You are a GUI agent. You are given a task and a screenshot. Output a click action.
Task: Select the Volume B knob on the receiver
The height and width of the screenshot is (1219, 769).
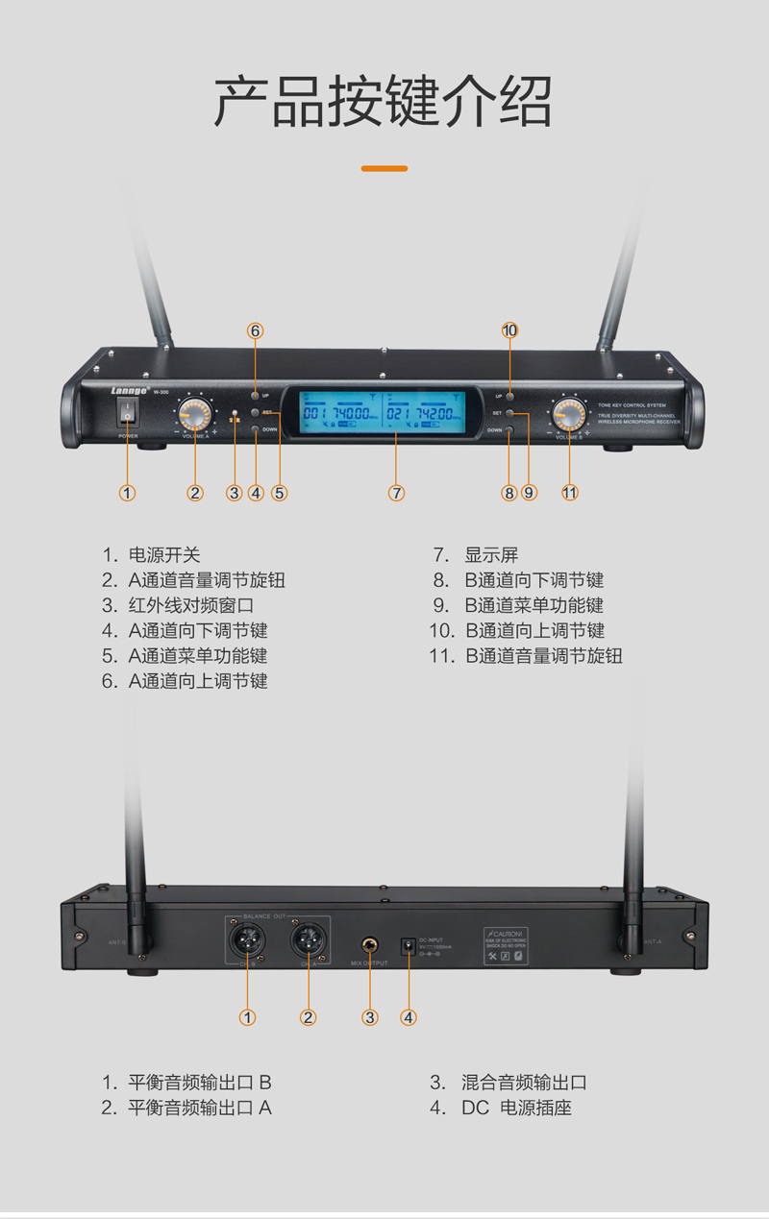[x=568, y=415]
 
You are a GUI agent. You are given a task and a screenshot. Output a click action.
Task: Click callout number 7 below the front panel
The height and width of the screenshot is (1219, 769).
[x=397, y=493]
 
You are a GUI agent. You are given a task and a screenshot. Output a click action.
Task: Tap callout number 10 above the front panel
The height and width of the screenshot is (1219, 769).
[x=509, y=330]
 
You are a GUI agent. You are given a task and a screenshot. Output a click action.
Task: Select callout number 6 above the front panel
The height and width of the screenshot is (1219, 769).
[x=256, y=330]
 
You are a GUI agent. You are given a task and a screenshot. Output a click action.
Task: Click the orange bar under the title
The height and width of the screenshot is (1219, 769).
[x=384, y=169]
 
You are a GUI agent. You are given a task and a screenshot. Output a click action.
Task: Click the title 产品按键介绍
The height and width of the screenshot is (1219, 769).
[x=384, y=102]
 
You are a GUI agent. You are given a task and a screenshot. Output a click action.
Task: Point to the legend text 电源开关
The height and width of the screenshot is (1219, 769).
[x=164, y=555]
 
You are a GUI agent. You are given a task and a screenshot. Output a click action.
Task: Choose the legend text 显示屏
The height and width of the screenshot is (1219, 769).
[x=491, y=555]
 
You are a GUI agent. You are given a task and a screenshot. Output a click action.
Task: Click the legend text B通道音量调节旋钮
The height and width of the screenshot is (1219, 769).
[x=544, y=656]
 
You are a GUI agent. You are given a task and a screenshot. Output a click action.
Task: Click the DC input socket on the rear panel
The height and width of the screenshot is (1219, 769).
[x=408, y=946]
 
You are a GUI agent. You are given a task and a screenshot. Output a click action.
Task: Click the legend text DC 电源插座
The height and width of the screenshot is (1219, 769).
[x=516, y=1108]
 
